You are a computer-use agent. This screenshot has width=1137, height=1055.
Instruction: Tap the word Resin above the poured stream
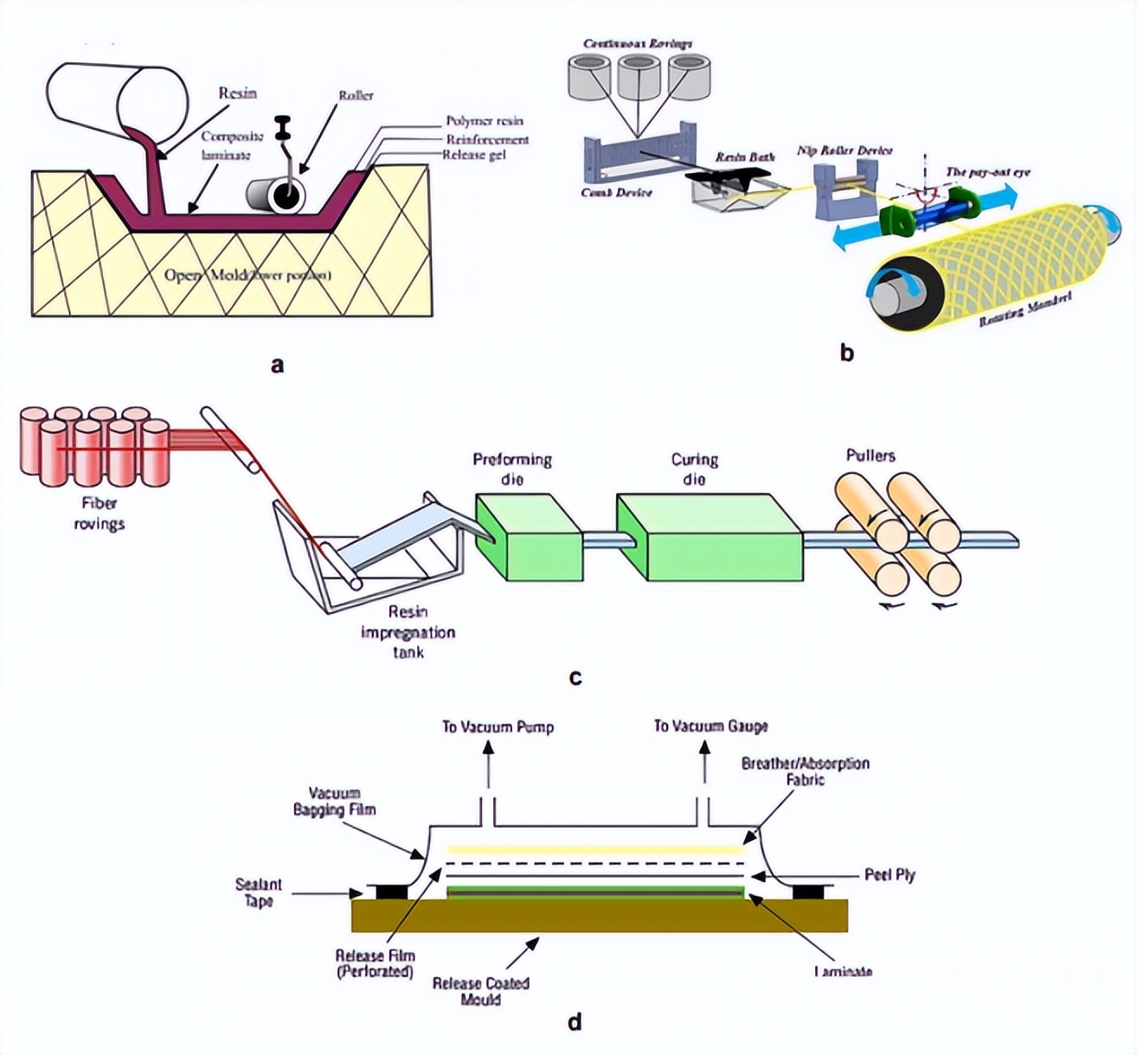click(x=237, y=93)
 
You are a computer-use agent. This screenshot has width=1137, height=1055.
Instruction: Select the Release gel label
click(x=473, y=155)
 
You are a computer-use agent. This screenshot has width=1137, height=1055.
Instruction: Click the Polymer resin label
click(x=485, y=121)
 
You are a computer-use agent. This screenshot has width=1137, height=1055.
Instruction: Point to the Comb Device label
click(x=616, y=192)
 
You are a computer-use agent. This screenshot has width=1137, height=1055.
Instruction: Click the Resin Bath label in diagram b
click(x=744, y=157)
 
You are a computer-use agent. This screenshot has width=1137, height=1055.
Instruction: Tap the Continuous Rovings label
click(x=638, y=43)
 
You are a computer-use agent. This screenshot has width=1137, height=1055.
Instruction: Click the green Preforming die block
click(x=528, y=537)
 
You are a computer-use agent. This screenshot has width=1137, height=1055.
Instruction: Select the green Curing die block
click(x=710, y=537)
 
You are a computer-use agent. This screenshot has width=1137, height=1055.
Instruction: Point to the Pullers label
click(x=870, y=456)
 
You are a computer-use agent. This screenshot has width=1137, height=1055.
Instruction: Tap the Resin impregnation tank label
click(x=408, y=632)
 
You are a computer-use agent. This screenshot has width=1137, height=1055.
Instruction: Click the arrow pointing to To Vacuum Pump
click(x=487, y=761)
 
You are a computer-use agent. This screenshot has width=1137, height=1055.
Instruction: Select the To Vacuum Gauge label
click(x=710, y=726)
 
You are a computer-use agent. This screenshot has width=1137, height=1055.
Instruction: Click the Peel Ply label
click(x=890, y=875)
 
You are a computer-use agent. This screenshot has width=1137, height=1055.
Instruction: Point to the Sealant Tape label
click(x=259, y=892)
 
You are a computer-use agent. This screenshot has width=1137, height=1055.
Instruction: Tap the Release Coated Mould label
click(x=481, y=991)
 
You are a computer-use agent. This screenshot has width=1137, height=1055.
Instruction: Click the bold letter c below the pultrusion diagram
click(x=575, y=677)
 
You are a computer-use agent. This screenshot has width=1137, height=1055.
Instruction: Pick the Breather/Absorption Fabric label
click(x=805, y=771)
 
